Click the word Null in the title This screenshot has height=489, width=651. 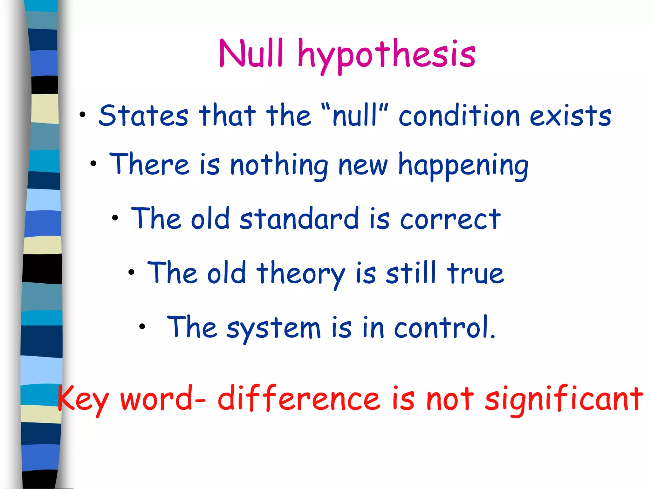pos(251,53)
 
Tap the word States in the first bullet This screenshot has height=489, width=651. pos(143,116)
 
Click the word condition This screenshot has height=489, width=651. pos(459,116)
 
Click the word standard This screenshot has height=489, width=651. pos(299,219)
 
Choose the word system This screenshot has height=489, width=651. pos(273,329)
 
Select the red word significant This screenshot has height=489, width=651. pos(564,399)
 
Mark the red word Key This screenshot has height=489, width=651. pos(83,399)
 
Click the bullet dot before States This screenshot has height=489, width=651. pos(83,115)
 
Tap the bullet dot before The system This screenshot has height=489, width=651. pos(142,326)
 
